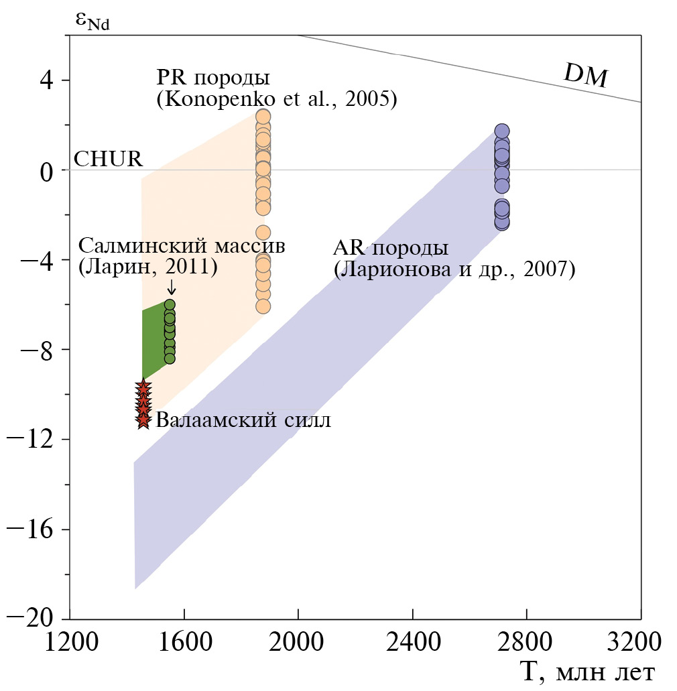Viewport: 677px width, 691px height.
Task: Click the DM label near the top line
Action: (585, 77)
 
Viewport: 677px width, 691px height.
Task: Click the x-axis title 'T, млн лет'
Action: (587, 671)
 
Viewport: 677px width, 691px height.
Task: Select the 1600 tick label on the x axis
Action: (184, 641)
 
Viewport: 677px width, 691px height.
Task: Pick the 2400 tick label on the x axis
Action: (412, 641)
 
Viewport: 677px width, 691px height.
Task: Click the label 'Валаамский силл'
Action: (243, 420)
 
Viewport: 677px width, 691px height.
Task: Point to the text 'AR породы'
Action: (390, 249)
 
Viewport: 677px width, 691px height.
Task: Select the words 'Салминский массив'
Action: (182, 246)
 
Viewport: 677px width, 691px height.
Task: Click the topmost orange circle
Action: (263, 117)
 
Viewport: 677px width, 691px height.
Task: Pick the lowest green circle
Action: (170, 359)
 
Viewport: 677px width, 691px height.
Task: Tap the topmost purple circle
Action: (502, 131)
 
